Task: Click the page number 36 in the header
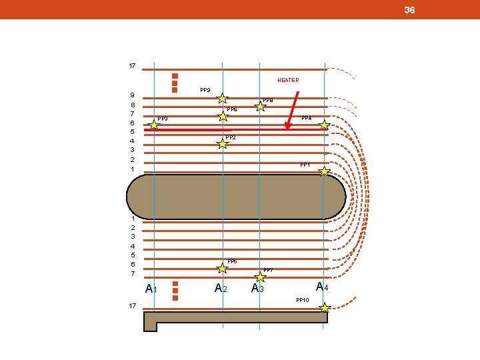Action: [x=409, y=10]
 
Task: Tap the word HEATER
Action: [x=288, y=80]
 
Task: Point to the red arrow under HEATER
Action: [x=291, y=109]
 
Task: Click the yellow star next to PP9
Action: [x=223, y=99]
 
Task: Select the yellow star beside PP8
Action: [x=261, y=106]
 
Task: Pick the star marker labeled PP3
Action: [x=154, y=125]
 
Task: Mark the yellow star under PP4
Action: [x=324, y=125]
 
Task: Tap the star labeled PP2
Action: [x=223, y=143]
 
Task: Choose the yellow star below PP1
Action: [x=324, y=171]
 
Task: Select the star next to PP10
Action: [x=325, y=308]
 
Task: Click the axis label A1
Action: [x=151, y=289]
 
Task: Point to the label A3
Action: [x=257, y=288]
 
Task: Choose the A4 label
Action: [x=322, y=287]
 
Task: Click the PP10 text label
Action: [x=303, y=300]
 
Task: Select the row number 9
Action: [x=132, y=95]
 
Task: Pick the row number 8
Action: [x=132, y=105]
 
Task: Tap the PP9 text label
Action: [x=205, y=89]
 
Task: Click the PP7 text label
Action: [x=268, y=269]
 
